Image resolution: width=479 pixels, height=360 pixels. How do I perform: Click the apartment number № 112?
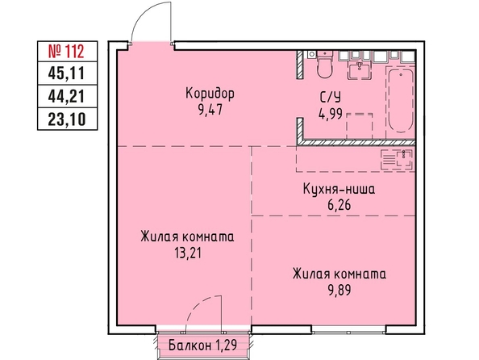pos(66,51)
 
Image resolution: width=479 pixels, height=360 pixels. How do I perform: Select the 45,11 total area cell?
pos(66,73)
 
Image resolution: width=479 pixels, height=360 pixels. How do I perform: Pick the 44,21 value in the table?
pos(66,97)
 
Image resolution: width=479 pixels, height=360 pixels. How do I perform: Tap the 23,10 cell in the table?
pos(66,119)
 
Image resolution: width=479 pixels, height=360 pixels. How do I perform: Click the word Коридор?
pos(210,94)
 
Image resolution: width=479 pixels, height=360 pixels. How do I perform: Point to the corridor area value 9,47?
pos(210,110)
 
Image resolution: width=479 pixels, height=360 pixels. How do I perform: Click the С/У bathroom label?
pos(330,98)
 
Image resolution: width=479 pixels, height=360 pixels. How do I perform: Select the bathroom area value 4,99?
pos(330,115)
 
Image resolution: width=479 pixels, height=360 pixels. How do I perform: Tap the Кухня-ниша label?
pos(339,190)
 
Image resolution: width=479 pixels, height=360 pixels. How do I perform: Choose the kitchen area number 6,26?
pos(339,205)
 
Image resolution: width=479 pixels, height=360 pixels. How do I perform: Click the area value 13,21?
pos(188,253)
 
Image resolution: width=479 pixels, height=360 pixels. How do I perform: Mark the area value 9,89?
pos(339,290)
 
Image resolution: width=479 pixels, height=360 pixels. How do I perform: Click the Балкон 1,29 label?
pos(203,345)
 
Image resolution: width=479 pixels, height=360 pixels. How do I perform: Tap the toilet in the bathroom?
pos(324,64)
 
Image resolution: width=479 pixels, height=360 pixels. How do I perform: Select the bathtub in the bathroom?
pos(401,100)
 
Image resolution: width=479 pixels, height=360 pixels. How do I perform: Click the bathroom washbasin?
pos(360,69)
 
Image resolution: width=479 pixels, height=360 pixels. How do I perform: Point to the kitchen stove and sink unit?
pos(397,159)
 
